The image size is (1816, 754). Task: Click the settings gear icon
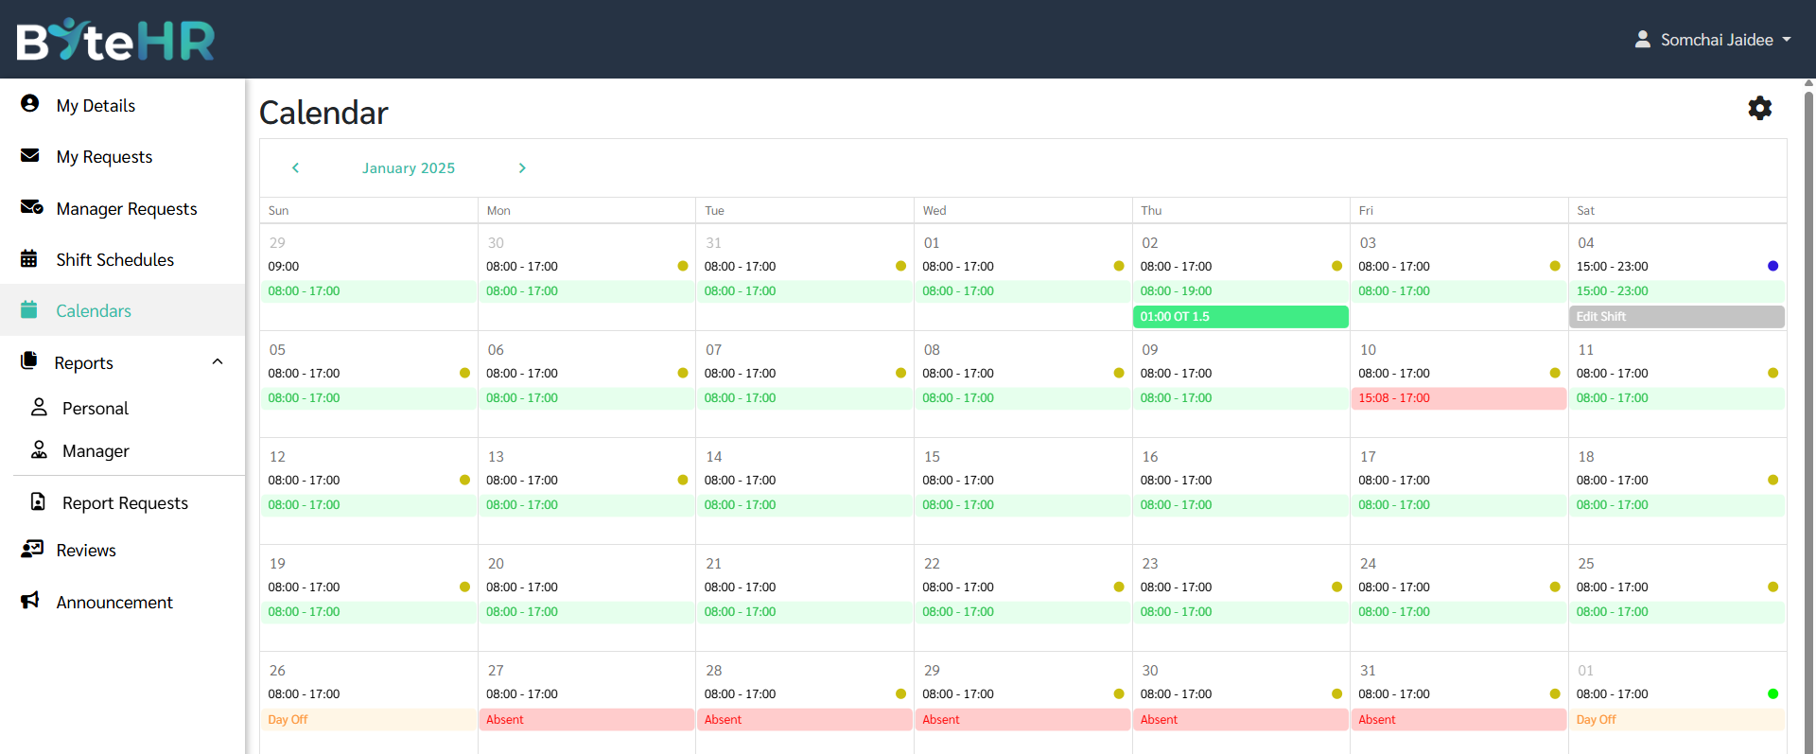1759,108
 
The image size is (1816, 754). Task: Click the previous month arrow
295,167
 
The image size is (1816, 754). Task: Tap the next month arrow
522,167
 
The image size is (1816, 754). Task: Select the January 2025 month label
409,168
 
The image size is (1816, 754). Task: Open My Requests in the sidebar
104,157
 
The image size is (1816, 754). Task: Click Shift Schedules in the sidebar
114,260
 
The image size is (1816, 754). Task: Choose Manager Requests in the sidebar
126,209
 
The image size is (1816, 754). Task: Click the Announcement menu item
113,603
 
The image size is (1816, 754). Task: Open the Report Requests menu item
125,503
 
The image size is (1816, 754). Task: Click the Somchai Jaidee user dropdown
1713,40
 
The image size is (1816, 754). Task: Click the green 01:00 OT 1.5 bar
1240,317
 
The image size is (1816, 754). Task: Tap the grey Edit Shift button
1676,317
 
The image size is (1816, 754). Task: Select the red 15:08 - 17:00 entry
1458,398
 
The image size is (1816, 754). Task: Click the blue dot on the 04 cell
1772,266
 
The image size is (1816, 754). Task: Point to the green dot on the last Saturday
1772,693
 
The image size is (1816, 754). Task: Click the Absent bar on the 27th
586,720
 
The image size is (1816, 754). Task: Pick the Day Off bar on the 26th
369,720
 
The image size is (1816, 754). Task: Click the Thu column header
1151,211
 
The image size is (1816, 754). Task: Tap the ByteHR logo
115,40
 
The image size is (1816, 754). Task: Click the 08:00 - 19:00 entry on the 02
1176,291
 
